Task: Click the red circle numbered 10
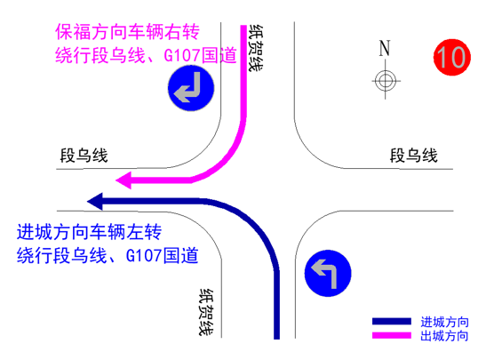[x=452, y=58]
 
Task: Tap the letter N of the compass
[x=385, y=48]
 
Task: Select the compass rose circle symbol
[x=386, y=81]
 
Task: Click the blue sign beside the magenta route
[x=191, y=88]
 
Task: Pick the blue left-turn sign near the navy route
[x=328, y=273]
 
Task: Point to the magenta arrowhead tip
[x=116, y=180]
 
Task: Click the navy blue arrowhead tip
[x=87, y=202]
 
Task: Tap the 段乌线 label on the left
[x=84, y=156]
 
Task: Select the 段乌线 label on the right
[x=413, y=156]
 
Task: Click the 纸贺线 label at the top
[x=256, y=48]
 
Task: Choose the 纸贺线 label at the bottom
[x=206, y=312]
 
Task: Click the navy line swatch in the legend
[x=392, y=321]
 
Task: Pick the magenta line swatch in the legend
[x=392, y=335]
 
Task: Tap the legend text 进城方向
[x=444, y=322]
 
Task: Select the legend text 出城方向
[x=444, y=336]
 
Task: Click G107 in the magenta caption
[x=181, y=56]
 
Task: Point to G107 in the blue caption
[x=144, y=256]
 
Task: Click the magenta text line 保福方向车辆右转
[x=127, y=32]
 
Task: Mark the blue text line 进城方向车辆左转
[x=89, y=232]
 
